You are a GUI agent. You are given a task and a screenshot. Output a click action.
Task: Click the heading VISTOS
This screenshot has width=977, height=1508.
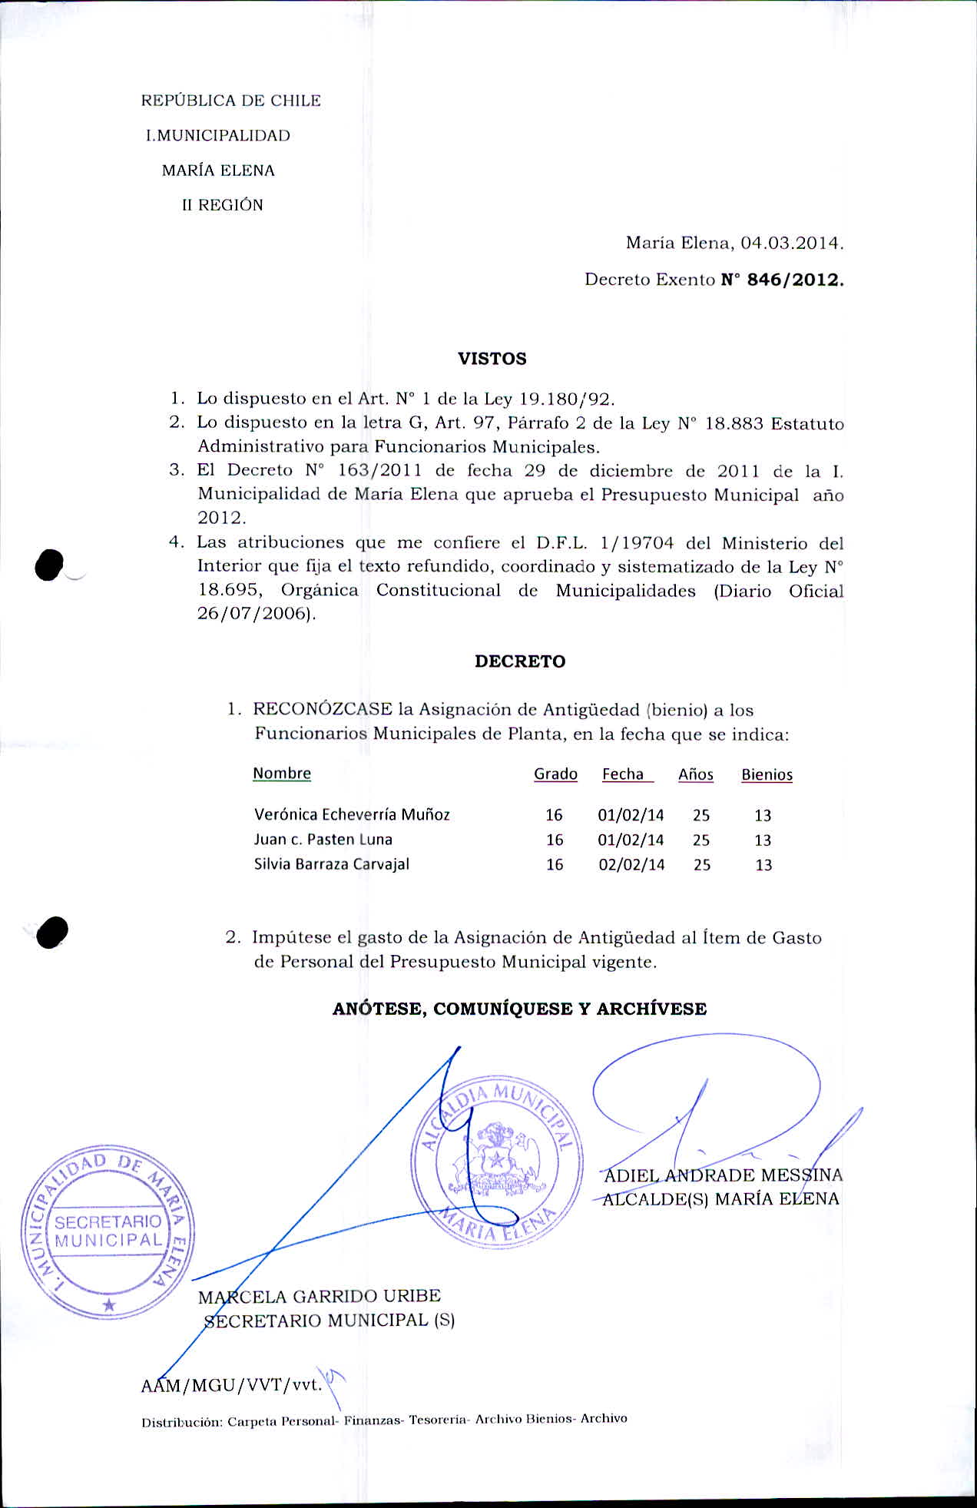pyautogui.click(x=492, y=359)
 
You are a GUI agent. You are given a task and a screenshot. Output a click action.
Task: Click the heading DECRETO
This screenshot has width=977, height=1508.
pyautogui.click(x=519, y=661)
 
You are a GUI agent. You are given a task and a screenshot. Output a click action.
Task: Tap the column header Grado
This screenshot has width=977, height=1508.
pyautogui.click(x=555, y=774)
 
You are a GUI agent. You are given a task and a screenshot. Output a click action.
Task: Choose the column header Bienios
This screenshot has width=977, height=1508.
pyautogui.click(x=767, y=775)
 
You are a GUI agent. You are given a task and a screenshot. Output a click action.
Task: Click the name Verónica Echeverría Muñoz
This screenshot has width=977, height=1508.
pyautogui.click(x=352, y=814)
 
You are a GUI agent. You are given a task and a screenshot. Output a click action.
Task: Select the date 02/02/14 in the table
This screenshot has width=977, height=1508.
pyautogui.click(x=631, y=865)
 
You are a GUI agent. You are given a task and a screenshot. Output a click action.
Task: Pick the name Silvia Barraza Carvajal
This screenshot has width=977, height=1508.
pyautogui.click(x=332, y=864)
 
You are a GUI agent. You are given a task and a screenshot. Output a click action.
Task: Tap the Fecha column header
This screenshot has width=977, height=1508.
pyautogui.click(x=623, y=774)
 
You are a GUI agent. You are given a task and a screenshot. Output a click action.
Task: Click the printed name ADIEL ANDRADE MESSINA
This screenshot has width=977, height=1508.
pyautogui.click(x=724, y=1175)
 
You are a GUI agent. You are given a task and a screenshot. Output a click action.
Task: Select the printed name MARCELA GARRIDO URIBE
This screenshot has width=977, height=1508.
pyautogui.click(x=320, y=1297)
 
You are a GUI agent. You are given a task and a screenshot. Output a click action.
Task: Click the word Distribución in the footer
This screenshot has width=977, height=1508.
pyautogui.click(x=182, y=1422)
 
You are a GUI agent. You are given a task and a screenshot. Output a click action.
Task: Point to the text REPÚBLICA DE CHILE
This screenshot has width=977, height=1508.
pyautogui.click(x=231, y=101)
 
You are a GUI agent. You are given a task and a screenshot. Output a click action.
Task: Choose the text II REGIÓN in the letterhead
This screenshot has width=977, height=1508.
pyautogui.click(x=223, y=205)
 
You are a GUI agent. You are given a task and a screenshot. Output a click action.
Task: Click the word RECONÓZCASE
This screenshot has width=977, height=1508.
pyautogui.click(x=323, y=709)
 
